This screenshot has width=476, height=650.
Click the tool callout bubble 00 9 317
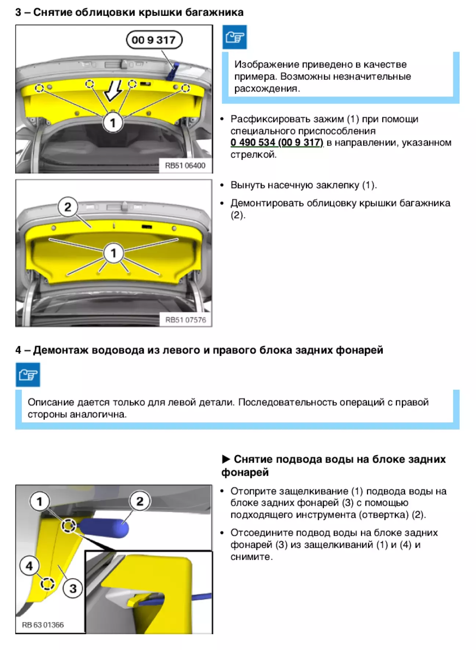[x=154, y=40]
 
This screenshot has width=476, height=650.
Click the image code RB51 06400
[x=185, y=165]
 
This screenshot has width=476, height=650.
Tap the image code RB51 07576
[x=185, y=320]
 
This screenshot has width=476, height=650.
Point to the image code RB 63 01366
[x=43, y=625]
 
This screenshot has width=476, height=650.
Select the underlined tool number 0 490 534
[x=253, y=143]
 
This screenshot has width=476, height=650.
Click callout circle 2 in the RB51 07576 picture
[x=68, y=207]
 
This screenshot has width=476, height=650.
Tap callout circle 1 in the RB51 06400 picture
[x=113, y=123]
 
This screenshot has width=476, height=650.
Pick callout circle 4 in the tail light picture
[x=29, y=566]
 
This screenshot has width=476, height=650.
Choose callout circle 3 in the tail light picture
[x=73, y=588]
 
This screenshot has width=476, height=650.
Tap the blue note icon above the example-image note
[x=234, y=37]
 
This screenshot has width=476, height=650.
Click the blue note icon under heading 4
[x=28, y=375]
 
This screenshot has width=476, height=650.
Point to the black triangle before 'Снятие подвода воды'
[x=226, y=459]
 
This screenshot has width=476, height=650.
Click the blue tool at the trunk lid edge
[x=172, y=72]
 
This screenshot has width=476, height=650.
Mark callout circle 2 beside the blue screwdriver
[x=140, y=501]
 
